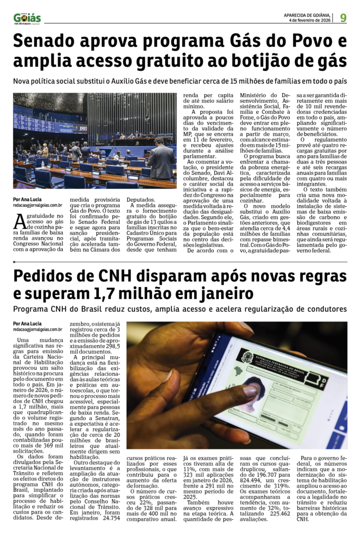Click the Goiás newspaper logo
27,18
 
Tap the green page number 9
343,18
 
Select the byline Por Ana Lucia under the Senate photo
28,199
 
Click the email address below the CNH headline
38,329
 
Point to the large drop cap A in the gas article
19,221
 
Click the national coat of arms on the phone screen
246,358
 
